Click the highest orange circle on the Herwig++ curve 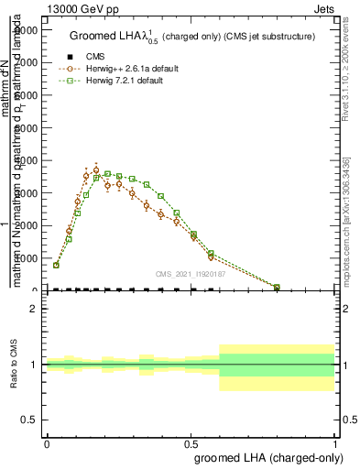[96, 170]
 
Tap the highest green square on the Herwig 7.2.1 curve [107, 174]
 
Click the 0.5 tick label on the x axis [191, 442]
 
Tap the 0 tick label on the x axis [47, 442]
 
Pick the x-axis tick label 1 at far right [335, 442]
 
